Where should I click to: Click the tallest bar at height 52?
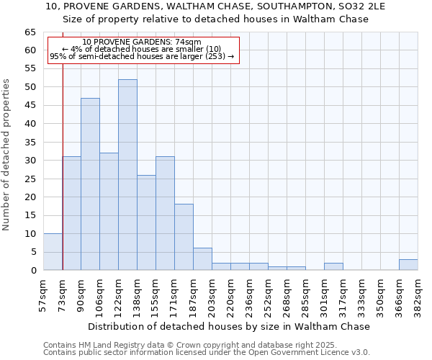[x=127, y=175]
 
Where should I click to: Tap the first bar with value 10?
[x=53, y=252]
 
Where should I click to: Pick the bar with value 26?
[x=146, y=222]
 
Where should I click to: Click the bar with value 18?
[x=184, y=237]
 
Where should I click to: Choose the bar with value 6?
[x=202, y=259]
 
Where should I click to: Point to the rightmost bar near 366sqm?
[x=408, y=265]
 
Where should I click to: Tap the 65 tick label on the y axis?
[x=30, y=32]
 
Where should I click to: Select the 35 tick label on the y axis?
[x=30, y=143]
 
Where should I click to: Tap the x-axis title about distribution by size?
[x=230, y=326]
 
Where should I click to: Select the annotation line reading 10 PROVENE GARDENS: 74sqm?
[x=142, y=42]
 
